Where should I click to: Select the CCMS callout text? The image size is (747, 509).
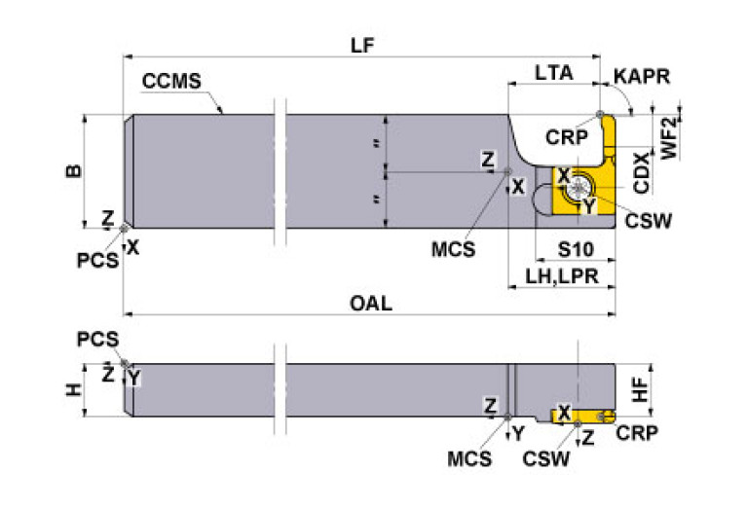point(171,81)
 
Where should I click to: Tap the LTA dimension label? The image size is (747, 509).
point(553,72)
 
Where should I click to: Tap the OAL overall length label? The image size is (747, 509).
point(371,304)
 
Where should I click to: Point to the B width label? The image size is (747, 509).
point(73,172)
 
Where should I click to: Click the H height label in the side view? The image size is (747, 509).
point(73,389)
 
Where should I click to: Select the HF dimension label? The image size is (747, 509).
point(640,390)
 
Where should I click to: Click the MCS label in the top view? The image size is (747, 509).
point(454,248)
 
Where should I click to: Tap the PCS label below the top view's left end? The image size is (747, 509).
point(99,260)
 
